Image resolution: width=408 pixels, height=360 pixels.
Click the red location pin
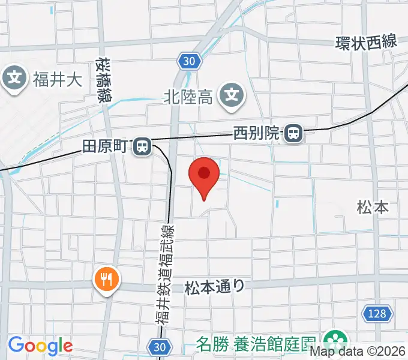(204, 175)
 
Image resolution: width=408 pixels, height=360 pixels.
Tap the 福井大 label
(57, 80)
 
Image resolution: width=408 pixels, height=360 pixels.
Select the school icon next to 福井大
(15, 79)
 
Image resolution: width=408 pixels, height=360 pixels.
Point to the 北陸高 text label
(188, 95)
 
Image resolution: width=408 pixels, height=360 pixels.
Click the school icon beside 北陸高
(230, 95)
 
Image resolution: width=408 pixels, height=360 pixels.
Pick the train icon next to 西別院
(293, 133)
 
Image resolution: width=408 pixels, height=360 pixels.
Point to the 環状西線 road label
(366, 43)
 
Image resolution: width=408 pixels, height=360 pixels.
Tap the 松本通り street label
(215, 286)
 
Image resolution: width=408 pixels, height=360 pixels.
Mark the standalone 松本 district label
(373, 208)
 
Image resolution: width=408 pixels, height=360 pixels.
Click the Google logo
(40, 346)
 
